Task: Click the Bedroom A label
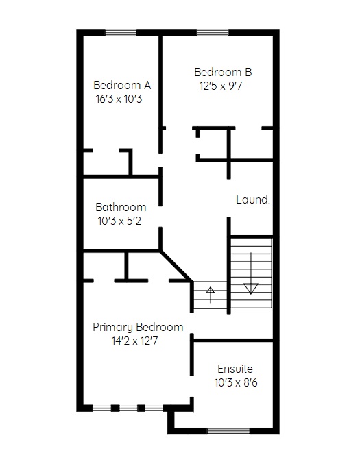122,85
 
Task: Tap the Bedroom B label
223,72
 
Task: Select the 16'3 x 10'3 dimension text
119,99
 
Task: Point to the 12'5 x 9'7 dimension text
221,86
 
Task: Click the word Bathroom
121,207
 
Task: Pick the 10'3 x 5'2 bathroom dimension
119,221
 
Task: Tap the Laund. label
253,199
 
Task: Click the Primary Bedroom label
138,328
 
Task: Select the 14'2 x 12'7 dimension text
135,341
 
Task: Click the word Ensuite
235,369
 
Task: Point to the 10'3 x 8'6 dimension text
236,383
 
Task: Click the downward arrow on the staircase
251,273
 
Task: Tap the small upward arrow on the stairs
211,295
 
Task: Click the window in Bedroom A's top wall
121,33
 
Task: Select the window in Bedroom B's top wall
213,33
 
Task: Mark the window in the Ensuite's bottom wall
229,431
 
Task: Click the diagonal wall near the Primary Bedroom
176,265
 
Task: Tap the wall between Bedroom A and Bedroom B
160,95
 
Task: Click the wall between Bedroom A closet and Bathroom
121,177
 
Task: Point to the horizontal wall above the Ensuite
233,341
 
